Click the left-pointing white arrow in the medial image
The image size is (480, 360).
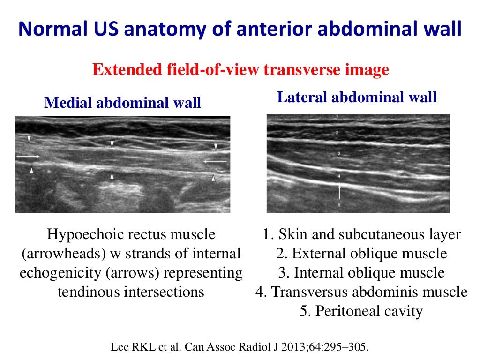(x=215, y=162)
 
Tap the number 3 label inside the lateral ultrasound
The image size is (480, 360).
(x=338, y=154)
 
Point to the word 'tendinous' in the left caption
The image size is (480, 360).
(x=90, y=292)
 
